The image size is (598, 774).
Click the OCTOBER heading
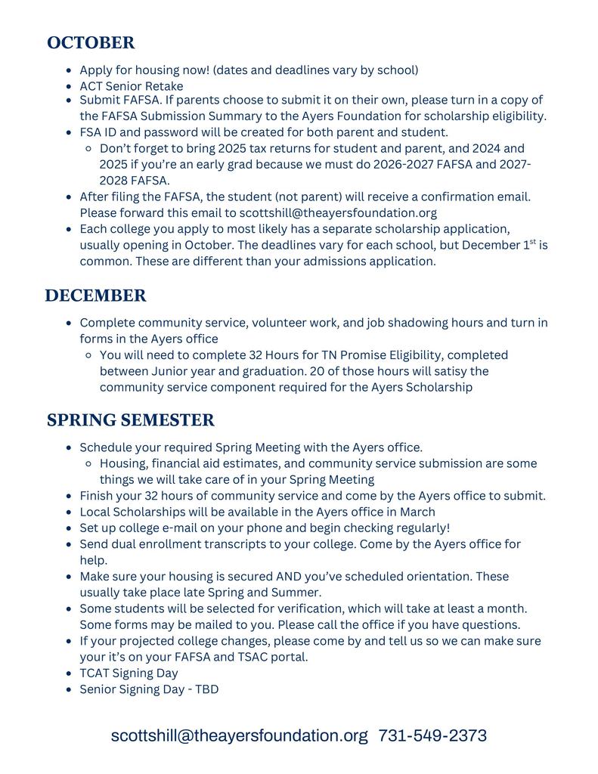[91, 43]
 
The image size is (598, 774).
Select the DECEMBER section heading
[95, 296]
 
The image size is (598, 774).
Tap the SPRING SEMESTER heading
[131, 420]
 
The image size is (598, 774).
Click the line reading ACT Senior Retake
[131, 86]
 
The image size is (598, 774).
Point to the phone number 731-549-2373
[432, 735]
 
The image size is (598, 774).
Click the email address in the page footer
[239, 735]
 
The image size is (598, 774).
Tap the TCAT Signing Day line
[129, 673]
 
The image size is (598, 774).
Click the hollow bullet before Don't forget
[89, 149]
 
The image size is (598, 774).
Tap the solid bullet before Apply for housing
[70, 70]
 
